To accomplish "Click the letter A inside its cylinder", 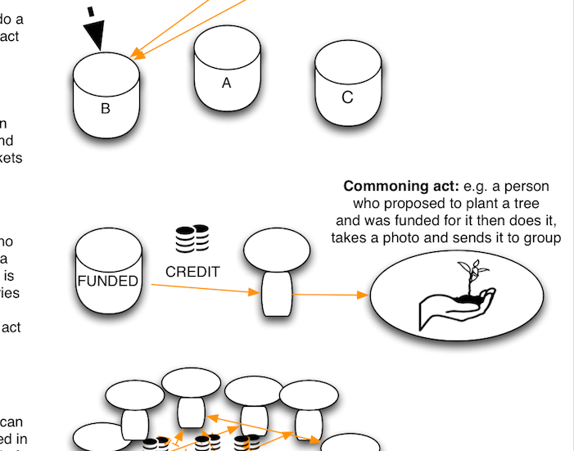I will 227,83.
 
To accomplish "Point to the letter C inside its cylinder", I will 347,97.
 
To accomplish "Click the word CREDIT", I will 192,272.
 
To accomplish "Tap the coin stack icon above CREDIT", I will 192,238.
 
